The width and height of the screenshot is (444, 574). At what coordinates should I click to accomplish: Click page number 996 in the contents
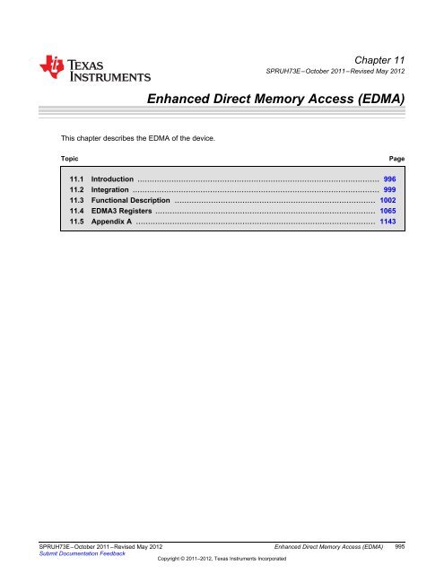389,179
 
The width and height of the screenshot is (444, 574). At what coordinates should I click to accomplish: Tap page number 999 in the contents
389,190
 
